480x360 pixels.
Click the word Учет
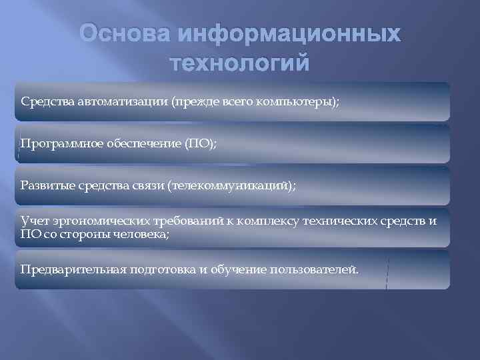pyautogui.click(x=33, y=221)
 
